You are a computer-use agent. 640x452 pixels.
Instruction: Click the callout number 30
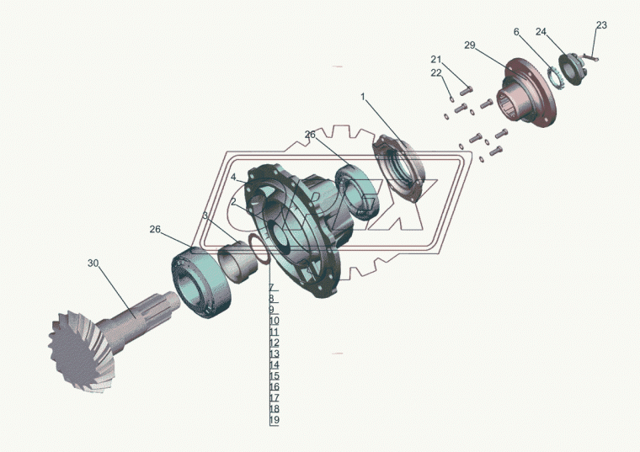[93, 263]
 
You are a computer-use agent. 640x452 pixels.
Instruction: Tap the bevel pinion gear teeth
[77, 352]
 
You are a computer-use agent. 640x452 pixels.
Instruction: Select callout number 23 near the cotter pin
[601, 25]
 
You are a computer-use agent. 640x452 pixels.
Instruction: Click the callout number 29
[470, 45]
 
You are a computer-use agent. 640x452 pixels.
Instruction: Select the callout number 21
[436, 60]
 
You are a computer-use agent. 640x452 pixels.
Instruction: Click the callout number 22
[436, 73]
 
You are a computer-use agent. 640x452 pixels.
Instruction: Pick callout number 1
[363, 97]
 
